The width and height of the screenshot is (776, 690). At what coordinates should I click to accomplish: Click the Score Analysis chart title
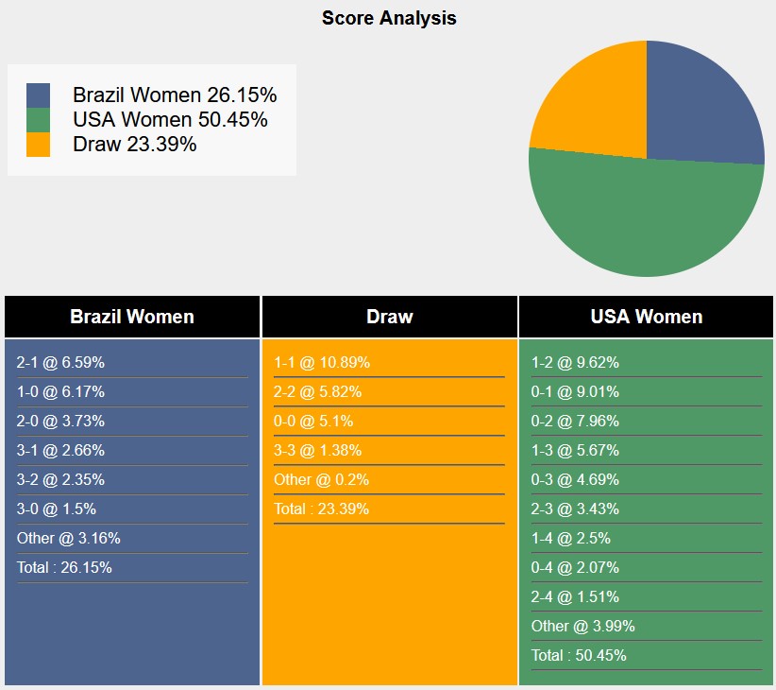tap(388, 18)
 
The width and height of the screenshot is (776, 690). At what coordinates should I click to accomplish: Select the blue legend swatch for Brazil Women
tap(38, 95)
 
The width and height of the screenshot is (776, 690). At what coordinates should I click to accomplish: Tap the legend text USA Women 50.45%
tap(170, 120)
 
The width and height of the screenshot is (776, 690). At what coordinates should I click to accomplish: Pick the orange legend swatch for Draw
tap(38, 145)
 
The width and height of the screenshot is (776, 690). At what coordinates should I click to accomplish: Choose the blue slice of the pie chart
tap(703, 104)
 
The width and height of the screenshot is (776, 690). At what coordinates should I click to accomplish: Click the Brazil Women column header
tap(132, 317)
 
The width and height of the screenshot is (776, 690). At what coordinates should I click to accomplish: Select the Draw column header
tap(389, 317)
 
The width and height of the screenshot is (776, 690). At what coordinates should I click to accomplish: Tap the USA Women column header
tap(646, 317)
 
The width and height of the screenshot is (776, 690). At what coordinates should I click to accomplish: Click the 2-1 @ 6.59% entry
tap(60, 363)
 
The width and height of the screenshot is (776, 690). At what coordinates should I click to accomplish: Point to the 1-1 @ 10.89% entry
tap(322, 363)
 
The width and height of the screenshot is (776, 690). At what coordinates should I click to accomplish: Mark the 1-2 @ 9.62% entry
tap(575, 363)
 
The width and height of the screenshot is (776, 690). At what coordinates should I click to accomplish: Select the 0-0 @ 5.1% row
tap(313, 422)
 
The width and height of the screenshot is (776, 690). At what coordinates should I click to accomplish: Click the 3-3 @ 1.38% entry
tap(317, 451)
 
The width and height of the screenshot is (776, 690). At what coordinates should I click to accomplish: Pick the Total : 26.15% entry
tap(64, 568)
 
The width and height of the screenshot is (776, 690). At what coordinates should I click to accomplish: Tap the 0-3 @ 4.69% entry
tap(575, 480)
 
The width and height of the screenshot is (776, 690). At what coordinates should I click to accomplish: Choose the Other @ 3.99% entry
tap(582, 627)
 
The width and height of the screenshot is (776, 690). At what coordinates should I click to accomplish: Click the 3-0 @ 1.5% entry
tap(56, 509)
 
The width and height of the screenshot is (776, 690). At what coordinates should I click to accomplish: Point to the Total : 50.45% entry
tap(579, 656)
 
